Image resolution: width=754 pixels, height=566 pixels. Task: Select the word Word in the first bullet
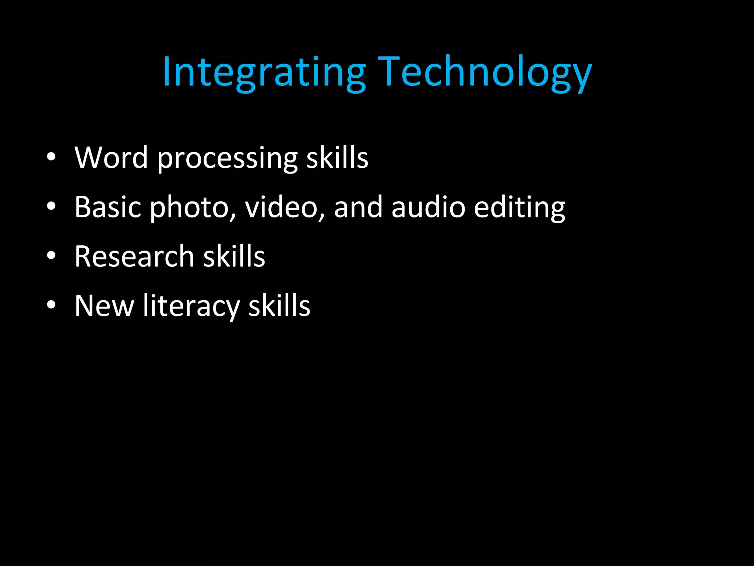pos(111,158)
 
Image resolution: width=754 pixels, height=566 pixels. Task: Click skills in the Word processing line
pos(337,158)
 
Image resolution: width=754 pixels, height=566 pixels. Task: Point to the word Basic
pos(108,207)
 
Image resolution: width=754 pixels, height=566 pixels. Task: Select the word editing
pos(519,208)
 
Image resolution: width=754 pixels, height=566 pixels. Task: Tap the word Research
pos(134,256)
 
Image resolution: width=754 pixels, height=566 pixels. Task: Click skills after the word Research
pos(234,256)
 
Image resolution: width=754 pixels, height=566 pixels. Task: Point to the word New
pos(104,306)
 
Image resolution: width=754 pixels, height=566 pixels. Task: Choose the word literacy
pos(191,307)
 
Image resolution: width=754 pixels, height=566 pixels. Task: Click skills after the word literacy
pos(279,306)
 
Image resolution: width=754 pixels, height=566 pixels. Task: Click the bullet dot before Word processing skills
pos(52,157)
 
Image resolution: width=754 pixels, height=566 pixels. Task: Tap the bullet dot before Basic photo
pos(52,206)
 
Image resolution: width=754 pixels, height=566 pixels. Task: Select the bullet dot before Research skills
pos(52,255)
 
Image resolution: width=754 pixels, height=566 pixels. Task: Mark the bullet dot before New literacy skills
pos(52,305)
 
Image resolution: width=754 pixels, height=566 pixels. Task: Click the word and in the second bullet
pos(358,207)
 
